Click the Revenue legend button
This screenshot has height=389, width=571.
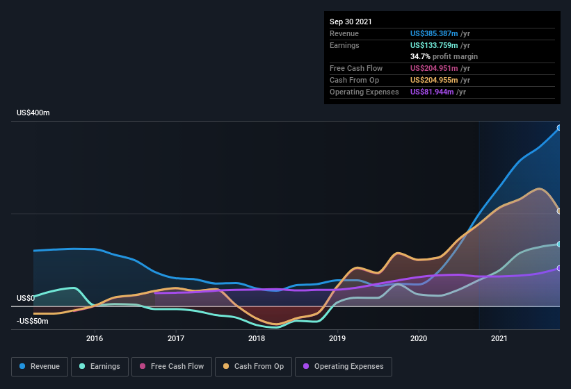(x=40, y=366)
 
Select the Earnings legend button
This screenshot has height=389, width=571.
(x=99, y=366)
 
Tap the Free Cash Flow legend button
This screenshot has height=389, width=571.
(x=172, y=366)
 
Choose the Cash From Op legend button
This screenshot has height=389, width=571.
(x=253, y=366)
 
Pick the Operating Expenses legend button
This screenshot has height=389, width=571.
(x=343, y=366)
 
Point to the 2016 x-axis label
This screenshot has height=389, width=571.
(x=95, y=339)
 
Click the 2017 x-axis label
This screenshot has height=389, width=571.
(x=176, y=339)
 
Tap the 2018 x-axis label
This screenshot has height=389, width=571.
(x=257, y=339)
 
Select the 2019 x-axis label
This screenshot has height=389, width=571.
(x=337, y=339)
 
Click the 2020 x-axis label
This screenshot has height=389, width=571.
(x=419, y=339)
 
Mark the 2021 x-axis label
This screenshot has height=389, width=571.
(x=499, y=339)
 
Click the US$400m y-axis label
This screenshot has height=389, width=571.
(x=33, y=113)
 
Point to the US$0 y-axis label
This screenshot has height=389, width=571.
(x=25, y=298)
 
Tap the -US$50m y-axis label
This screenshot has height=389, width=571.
(x=33, y=321)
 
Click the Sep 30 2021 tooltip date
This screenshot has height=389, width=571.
(x=351, y=22)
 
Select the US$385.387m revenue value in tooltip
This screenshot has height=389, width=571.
(x=434, y=33)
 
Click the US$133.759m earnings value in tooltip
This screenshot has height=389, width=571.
(x=434, y=45)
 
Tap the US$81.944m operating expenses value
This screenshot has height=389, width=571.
(x=432, y=92)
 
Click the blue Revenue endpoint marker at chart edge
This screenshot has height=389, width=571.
(x=558, y=128)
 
